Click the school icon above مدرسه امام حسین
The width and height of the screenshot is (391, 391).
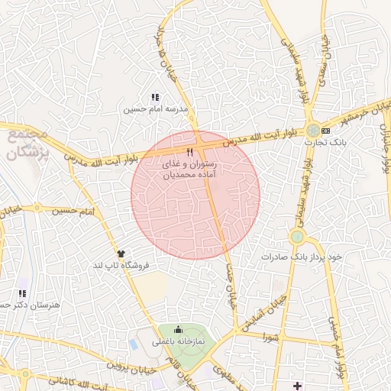pyautogui.click(x=155, y=98)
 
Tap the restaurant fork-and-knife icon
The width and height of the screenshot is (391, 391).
pyautogui.click(x=189, y=152)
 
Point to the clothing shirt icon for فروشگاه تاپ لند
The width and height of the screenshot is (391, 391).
pyautogui.click(x=120, y=253)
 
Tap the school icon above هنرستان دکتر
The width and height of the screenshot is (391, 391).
pyautogui.click(x=23, y=293)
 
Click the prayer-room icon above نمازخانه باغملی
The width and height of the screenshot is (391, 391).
pyautogui.click(x=179, y=330)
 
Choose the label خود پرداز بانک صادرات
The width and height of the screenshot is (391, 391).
pyautogui.click(x=310, y=257)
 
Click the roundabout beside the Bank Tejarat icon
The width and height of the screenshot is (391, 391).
pyautogui.click(x=313, y=130)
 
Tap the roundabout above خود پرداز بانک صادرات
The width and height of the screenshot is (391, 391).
pyautogui.click(x=297, y=238)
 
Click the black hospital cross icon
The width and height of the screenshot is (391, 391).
pyautogui.click(x=298, y=385)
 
